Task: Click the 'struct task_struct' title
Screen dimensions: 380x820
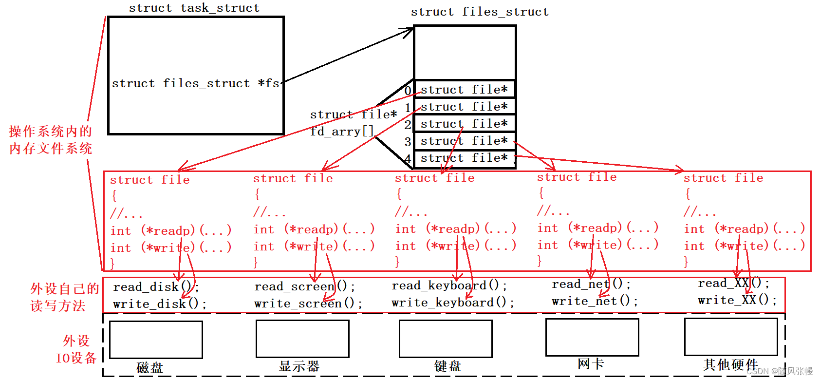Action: coord(194,8)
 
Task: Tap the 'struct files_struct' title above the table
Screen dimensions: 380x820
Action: coord(480,12)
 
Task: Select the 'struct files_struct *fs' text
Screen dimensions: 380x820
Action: coord(196,83)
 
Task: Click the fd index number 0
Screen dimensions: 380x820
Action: coord(408,90)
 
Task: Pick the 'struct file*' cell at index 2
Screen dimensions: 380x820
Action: coord(464,124)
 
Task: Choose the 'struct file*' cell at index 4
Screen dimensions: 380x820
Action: coord(464,158)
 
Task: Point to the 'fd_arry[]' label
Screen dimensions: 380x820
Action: coord(342,131)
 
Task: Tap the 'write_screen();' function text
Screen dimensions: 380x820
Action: coord(308,304)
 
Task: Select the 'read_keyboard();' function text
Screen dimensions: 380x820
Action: coord(449,285)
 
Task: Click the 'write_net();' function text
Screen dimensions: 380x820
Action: coord(594,301)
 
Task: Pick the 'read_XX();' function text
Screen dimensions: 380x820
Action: coord(733,283)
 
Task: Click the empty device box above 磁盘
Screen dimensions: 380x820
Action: coord(156,340)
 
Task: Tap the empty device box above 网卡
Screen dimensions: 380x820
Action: coord(592,337)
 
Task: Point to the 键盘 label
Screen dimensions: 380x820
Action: coord(447,366)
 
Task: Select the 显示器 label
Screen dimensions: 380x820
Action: coord(299,366)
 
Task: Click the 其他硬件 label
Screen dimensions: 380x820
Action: coord(730,364)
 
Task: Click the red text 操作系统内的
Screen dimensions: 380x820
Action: coord(50,131)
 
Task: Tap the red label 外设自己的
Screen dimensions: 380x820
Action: coord(64,288)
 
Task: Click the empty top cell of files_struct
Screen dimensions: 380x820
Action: coord(465,53)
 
